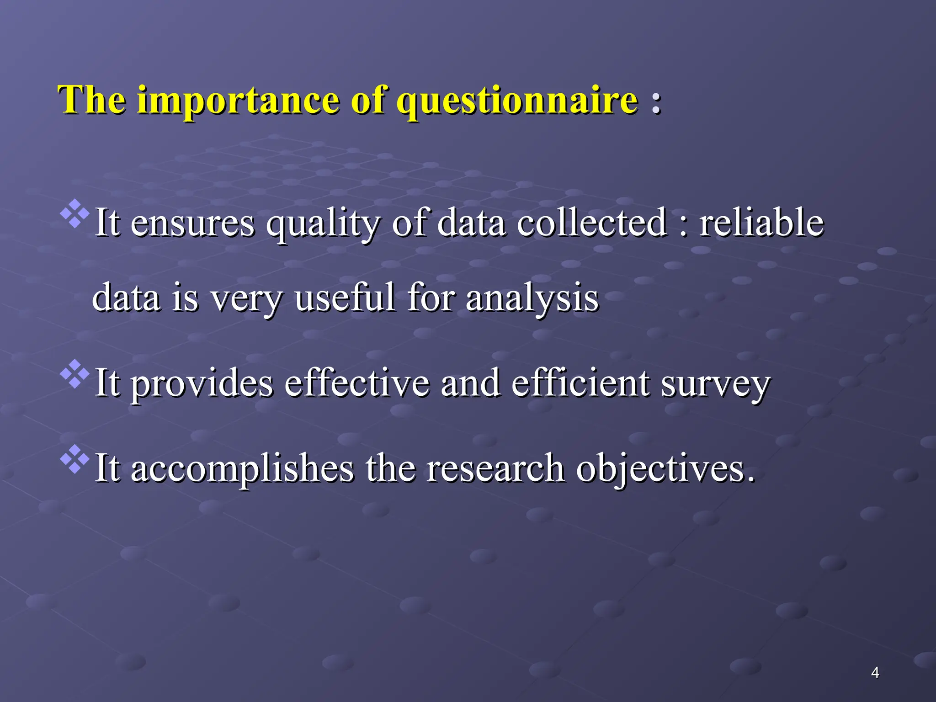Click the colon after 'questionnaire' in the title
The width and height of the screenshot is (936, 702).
(x=656, y=101)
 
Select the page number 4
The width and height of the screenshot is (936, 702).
(x=875, y=673)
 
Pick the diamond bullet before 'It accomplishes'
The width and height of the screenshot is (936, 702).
(x=74, y=458)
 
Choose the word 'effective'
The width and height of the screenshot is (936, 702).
(x=357, y=383)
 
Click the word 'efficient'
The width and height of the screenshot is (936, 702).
(x=580, y=383)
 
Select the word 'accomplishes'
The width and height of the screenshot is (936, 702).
(x=242, y=468)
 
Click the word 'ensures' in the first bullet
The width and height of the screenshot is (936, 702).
(x=192, y=223)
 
